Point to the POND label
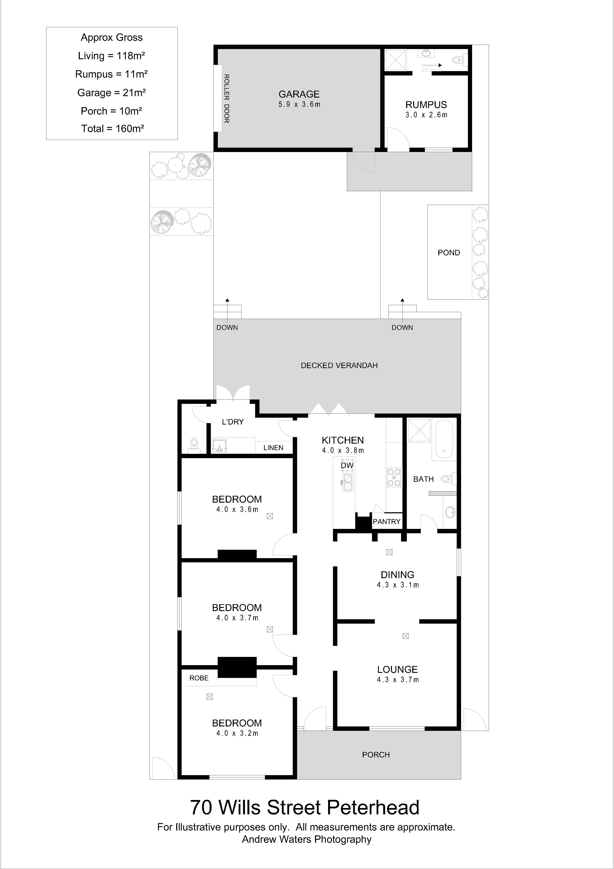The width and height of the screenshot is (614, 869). (449, 253)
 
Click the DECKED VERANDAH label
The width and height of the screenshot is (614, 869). (339, 366)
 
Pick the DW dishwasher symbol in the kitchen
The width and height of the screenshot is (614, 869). (347, 465)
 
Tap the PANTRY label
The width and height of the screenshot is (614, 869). (386, 522)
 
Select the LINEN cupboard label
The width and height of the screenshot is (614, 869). (273, 448)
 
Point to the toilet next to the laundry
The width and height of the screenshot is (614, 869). (194, 446)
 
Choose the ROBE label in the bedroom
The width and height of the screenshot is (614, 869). (199, 678)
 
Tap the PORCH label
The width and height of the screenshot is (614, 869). (376, 755)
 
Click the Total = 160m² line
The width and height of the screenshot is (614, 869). (112, 129)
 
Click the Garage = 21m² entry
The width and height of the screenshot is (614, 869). (111, 93)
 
